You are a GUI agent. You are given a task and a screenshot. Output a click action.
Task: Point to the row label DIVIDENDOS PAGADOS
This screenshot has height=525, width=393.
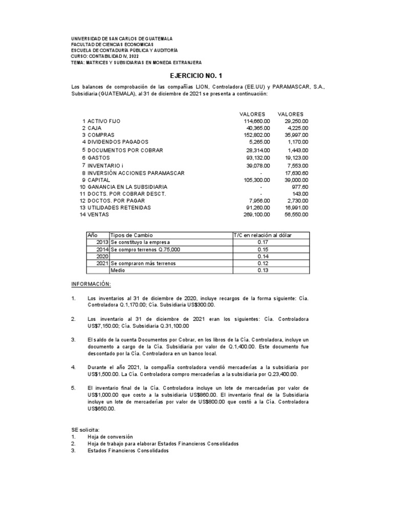(118, 142)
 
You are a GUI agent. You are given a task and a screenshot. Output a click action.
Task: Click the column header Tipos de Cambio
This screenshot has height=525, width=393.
(132, 235)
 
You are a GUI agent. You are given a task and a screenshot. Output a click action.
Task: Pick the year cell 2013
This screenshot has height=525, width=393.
(101, 241)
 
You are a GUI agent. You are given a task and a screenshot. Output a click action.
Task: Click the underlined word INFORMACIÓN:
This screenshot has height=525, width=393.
(91, 284)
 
